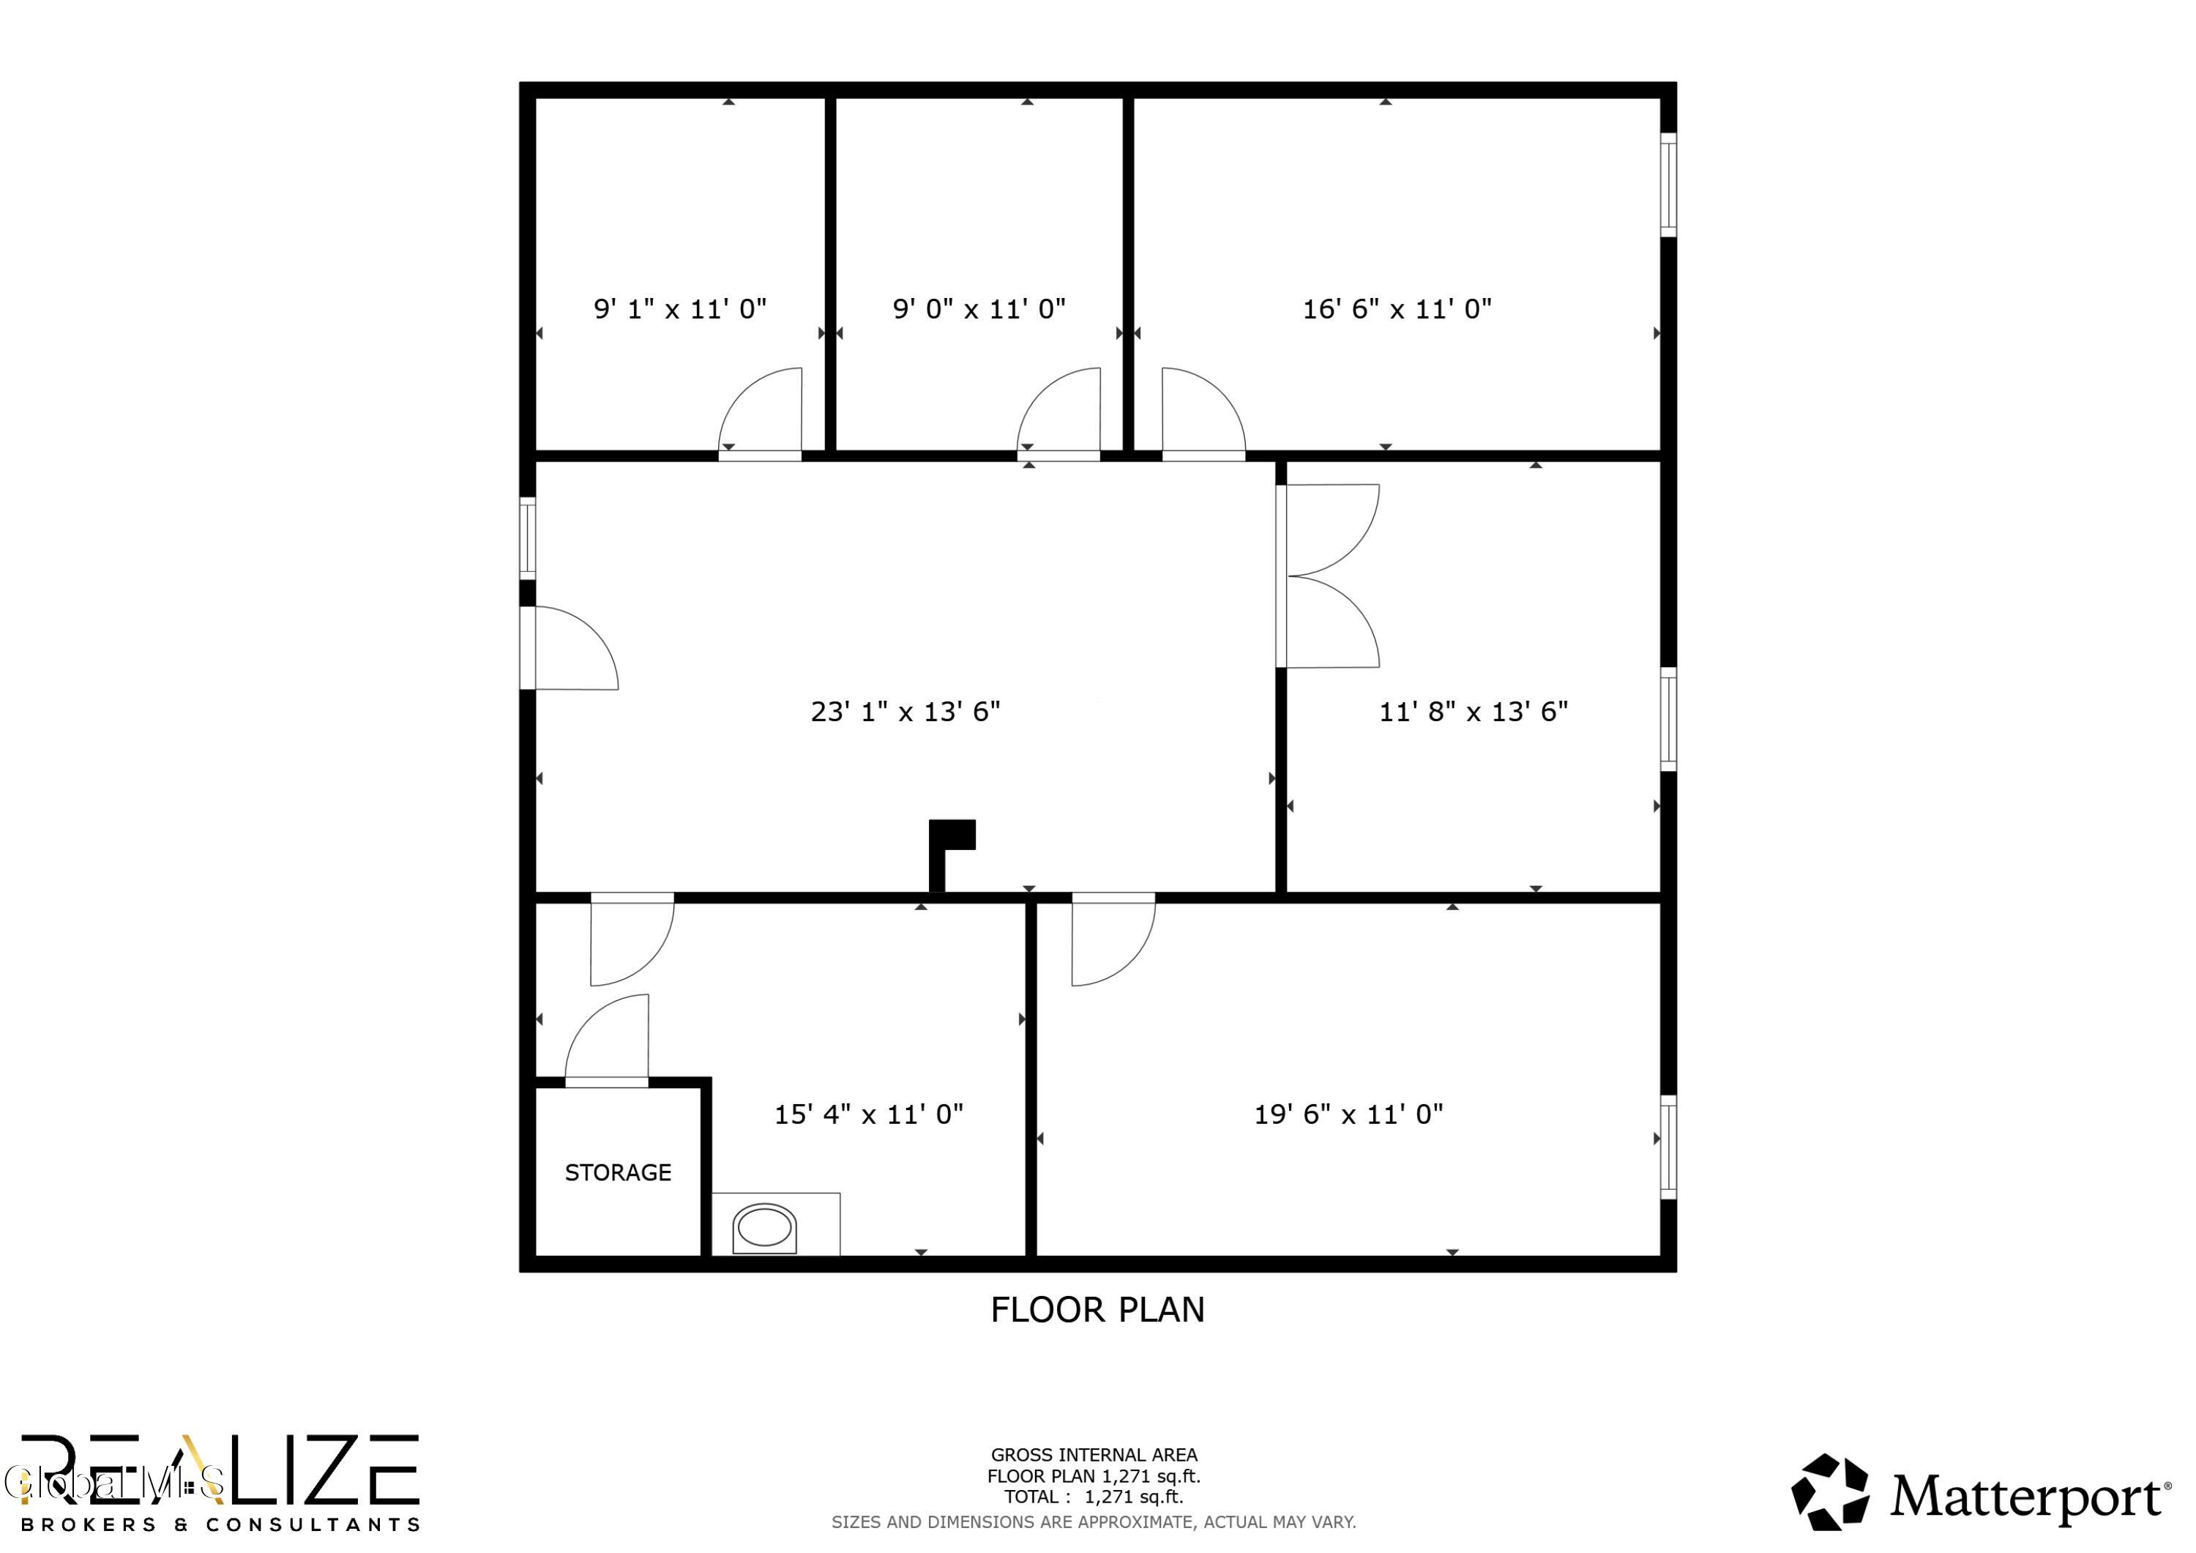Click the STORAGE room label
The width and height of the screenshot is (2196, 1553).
(618, 1172)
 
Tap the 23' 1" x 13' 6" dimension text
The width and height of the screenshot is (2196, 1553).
(905, 711)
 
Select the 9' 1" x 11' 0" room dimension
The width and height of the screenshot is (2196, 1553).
(680, 308)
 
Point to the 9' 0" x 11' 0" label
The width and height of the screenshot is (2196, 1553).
(979, 308)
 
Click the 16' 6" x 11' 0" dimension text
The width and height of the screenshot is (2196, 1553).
(1397, 308)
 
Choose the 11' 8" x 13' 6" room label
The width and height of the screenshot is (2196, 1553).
(1473, 711)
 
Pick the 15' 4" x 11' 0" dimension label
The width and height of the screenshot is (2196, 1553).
(868, 1114)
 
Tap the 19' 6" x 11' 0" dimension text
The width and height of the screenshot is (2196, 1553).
(1348, 1114)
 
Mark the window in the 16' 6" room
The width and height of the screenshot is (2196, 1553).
(1668, 185)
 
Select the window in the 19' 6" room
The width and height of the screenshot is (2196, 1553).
(1668, 1147)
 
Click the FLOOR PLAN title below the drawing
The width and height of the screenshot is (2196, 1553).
(1097, 1309)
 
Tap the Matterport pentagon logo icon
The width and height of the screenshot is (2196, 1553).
(1830, 1493)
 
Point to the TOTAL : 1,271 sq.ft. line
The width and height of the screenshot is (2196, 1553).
(1093, 1497)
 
